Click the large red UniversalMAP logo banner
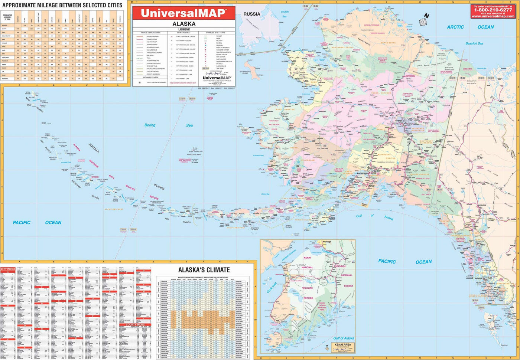(x=184, y=13)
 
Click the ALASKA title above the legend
(x=184, y=24)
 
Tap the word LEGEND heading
(x=184, y=29)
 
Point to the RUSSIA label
(x=252, y=14)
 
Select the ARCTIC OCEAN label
(x=470, y=27)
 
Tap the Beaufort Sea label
(x=474, y=43)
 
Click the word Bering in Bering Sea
(x=150, y=125)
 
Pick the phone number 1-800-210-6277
(x=493, y=10)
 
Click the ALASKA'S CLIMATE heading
(x=204, y=270)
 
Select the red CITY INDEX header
(x=8, y=269)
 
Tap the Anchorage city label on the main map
(x=361, y=173)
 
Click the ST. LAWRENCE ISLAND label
(x=246, y=72)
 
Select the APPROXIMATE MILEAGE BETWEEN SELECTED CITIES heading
(x=62, y=5)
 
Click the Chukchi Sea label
(x=285, y=14)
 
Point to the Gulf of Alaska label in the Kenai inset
(x=344, y=338)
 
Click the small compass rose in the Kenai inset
(x=326, y=347)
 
